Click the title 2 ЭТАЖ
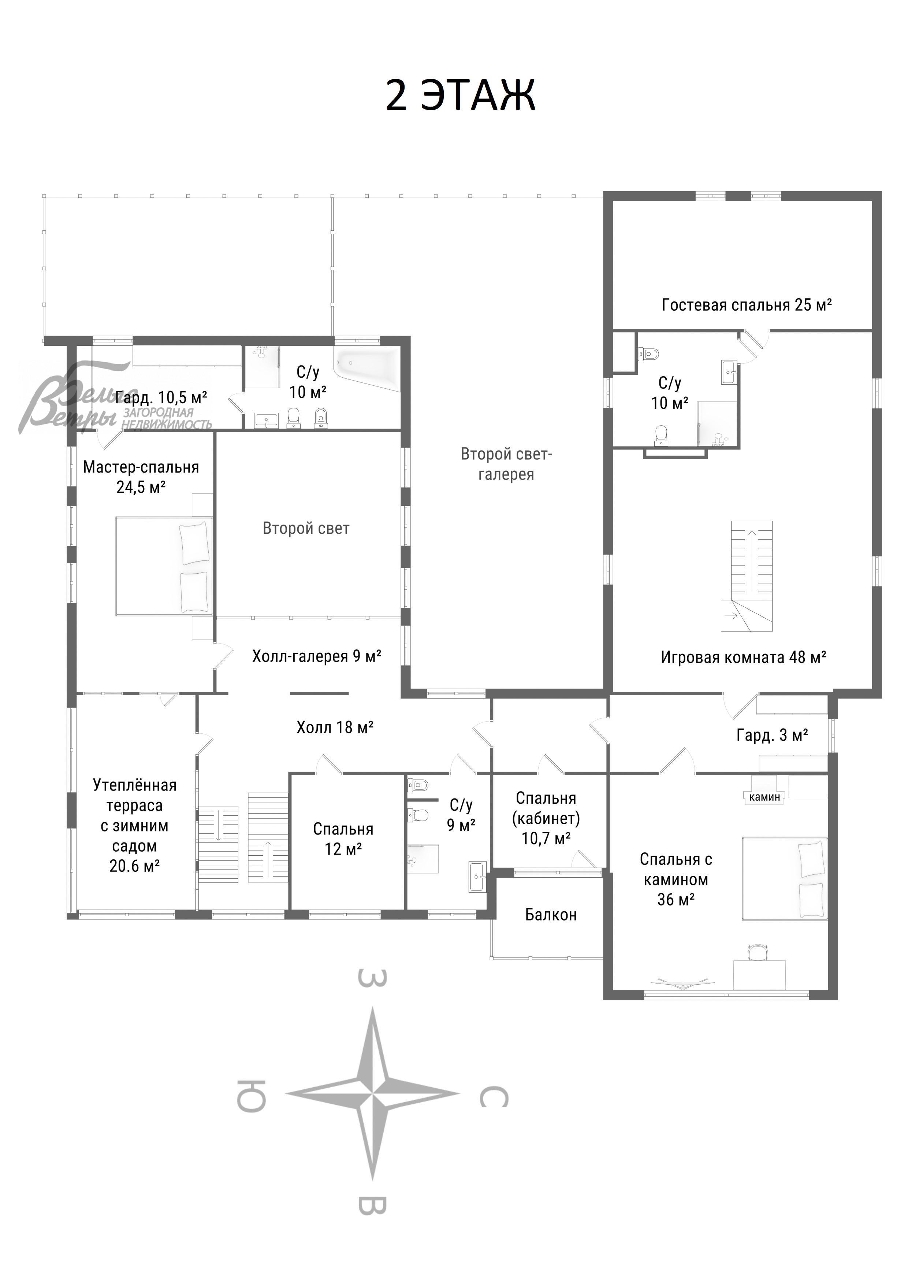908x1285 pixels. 461,95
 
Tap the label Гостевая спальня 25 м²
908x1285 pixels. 746,305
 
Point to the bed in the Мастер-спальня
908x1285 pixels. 164,566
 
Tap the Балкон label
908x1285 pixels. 551,915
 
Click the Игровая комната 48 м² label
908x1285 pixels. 743,657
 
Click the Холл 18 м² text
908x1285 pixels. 335,727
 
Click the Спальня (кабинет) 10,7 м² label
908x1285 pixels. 546,818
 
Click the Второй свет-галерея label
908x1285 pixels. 506,464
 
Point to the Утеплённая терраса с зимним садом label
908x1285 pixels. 134,826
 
